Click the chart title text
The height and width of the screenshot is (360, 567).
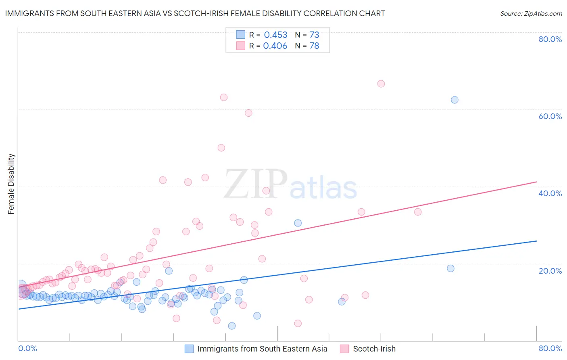coord(195,14)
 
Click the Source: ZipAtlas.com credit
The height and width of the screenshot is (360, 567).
coord(531,14)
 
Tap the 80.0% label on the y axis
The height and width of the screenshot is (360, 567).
coord(550,39)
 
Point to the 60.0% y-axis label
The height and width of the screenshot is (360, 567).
coord(550,116)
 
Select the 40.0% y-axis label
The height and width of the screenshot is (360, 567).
coord(550,193)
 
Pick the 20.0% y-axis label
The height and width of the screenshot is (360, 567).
coord(550,271)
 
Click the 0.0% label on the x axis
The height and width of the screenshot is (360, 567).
coord(27,348)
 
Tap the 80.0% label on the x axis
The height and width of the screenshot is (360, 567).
coord(550,348)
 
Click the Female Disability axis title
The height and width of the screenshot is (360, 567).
coord(11,184)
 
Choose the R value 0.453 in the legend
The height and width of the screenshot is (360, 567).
coord(275,35)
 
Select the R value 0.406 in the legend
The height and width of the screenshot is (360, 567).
coord(275,46)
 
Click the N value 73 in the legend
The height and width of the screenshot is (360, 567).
coord(314,35)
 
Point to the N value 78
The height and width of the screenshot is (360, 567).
coord(314,46)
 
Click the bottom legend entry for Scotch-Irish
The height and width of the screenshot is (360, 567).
coord(374,349)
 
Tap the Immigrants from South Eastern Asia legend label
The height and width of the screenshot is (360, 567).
coord(262,349)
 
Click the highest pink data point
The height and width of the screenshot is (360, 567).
coord(381,84)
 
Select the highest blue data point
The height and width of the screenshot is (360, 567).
coord(454,100)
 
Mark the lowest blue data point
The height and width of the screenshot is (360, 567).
coord(232,326)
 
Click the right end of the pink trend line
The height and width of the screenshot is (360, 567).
coord(536,182)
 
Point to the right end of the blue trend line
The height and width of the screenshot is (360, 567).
coord(536,241)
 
